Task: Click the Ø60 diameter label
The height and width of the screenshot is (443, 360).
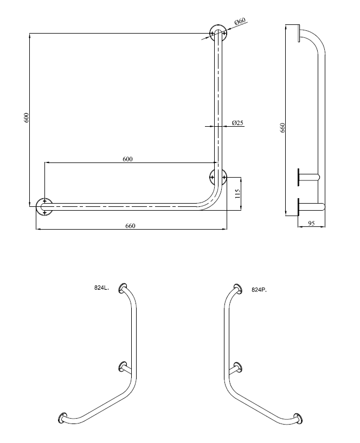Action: pyautogui.click(x=240, y=21)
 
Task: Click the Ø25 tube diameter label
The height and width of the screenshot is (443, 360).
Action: pyautogui.click(x=237, y=122)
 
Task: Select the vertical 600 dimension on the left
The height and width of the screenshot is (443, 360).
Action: pyautogui.click(x=25, y=118)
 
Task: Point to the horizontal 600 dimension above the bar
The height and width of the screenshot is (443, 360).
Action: pyautogui.click(x=127, y=159)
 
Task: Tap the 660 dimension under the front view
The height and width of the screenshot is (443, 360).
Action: pyautogui.click(x=130, y=226)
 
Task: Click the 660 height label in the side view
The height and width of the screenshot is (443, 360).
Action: pyautogui.click(x=282, y=128)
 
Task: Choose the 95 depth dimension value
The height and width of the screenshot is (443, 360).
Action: pyautogui.click(x=311, y=223)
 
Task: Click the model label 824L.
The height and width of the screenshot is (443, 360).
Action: pyautogui.click(x=101, y=289)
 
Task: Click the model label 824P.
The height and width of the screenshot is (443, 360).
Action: pyautogui.click(x=259, y=290)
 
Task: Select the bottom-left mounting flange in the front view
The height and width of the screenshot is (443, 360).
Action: pyautogui.click(x=44, y=206)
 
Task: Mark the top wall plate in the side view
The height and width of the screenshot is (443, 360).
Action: pyautogui.click(x=299, y=33)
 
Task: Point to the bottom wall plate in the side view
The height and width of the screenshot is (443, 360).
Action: pyautogui.click(x=298, y=206)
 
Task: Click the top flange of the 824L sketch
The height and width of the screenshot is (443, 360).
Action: pyautogui.click(x=124, y=287)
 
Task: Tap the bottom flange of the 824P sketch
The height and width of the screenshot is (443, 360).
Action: pyautogui.click(x=298, y=418)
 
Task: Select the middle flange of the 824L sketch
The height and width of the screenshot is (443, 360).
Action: pyautogui.click(x=121, y=367)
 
